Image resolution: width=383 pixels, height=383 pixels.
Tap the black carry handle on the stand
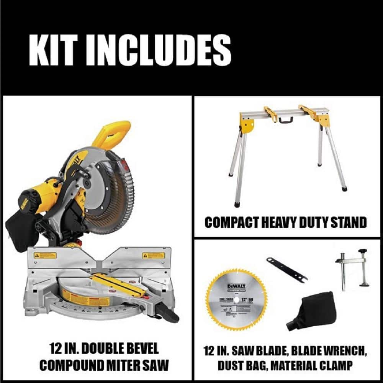point(284,119)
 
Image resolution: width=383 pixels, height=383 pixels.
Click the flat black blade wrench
point(287,270)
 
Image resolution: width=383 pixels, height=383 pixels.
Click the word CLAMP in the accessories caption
point(337,365)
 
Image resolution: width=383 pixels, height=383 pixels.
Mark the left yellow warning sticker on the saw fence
point(45,255)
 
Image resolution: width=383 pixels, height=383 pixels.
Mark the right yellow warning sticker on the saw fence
point(153,255)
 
